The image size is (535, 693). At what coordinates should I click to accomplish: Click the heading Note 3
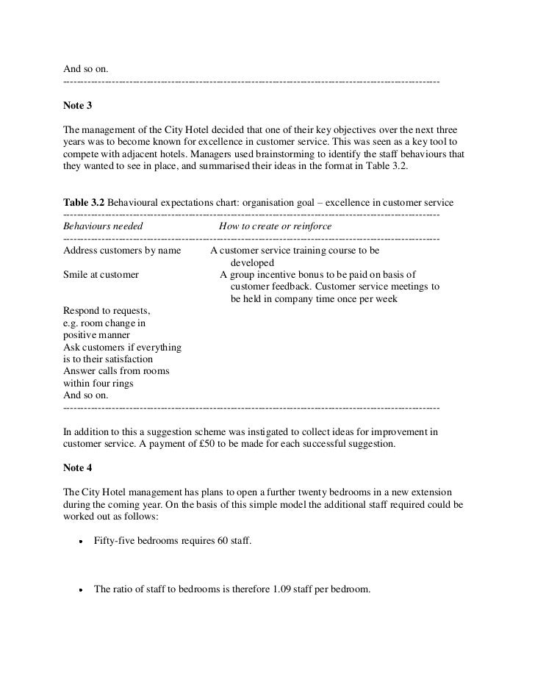(78, 105)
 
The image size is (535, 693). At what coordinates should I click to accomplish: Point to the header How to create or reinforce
(275, 226)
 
